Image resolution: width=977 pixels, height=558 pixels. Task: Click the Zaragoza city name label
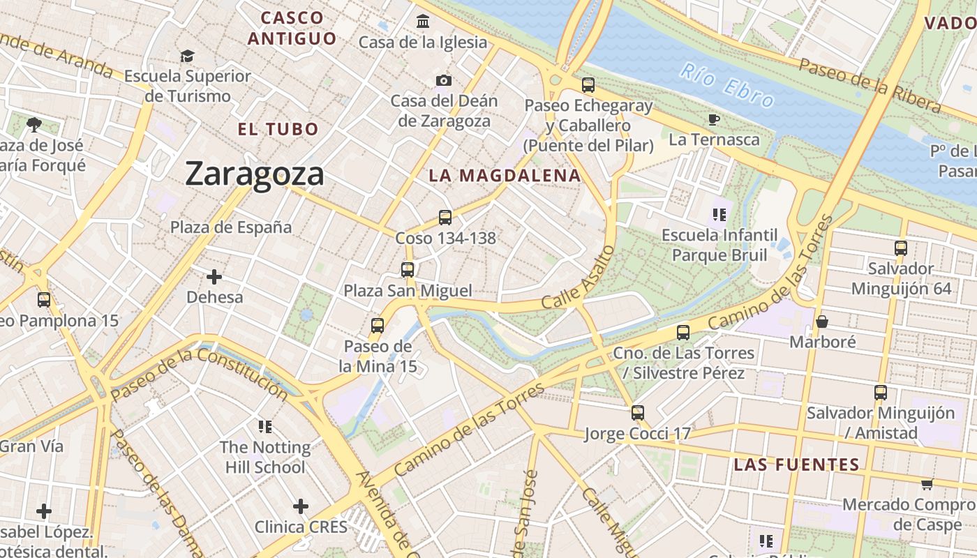255,174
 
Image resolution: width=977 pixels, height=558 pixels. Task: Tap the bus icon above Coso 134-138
445,217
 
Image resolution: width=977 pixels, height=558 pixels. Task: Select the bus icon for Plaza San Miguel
408,269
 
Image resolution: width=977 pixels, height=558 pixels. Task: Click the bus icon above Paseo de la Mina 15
378,325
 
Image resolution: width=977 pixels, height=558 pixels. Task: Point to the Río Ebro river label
727,85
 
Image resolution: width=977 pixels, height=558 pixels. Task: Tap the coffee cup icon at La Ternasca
713,119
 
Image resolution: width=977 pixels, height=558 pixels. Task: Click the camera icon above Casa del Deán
444,81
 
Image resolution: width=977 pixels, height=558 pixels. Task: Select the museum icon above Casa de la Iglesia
423,22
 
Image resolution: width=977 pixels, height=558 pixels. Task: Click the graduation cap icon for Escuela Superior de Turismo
187,56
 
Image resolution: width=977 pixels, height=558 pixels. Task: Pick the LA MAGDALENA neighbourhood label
505,176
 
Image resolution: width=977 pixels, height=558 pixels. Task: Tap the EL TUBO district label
278,129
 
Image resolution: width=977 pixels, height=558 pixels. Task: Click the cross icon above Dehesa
214,277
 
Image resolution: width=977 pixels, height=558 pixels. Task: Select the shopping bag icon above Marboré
822,322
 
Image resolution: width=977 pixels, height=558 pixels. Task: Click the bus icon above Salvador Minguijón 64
901,248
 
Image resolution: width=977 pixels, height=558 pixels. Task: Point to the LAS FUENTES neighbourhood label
796,465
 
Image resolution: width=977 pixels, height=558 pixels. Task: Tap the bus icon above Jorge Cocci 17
637,412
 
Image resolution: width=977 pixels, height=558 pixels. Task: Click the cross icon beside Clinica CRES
301,506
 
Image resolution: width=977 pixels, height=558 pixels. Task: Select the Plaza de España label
231,227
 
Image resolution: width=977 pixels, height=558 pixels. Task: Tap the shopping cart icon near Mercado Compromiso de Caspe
927,484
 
